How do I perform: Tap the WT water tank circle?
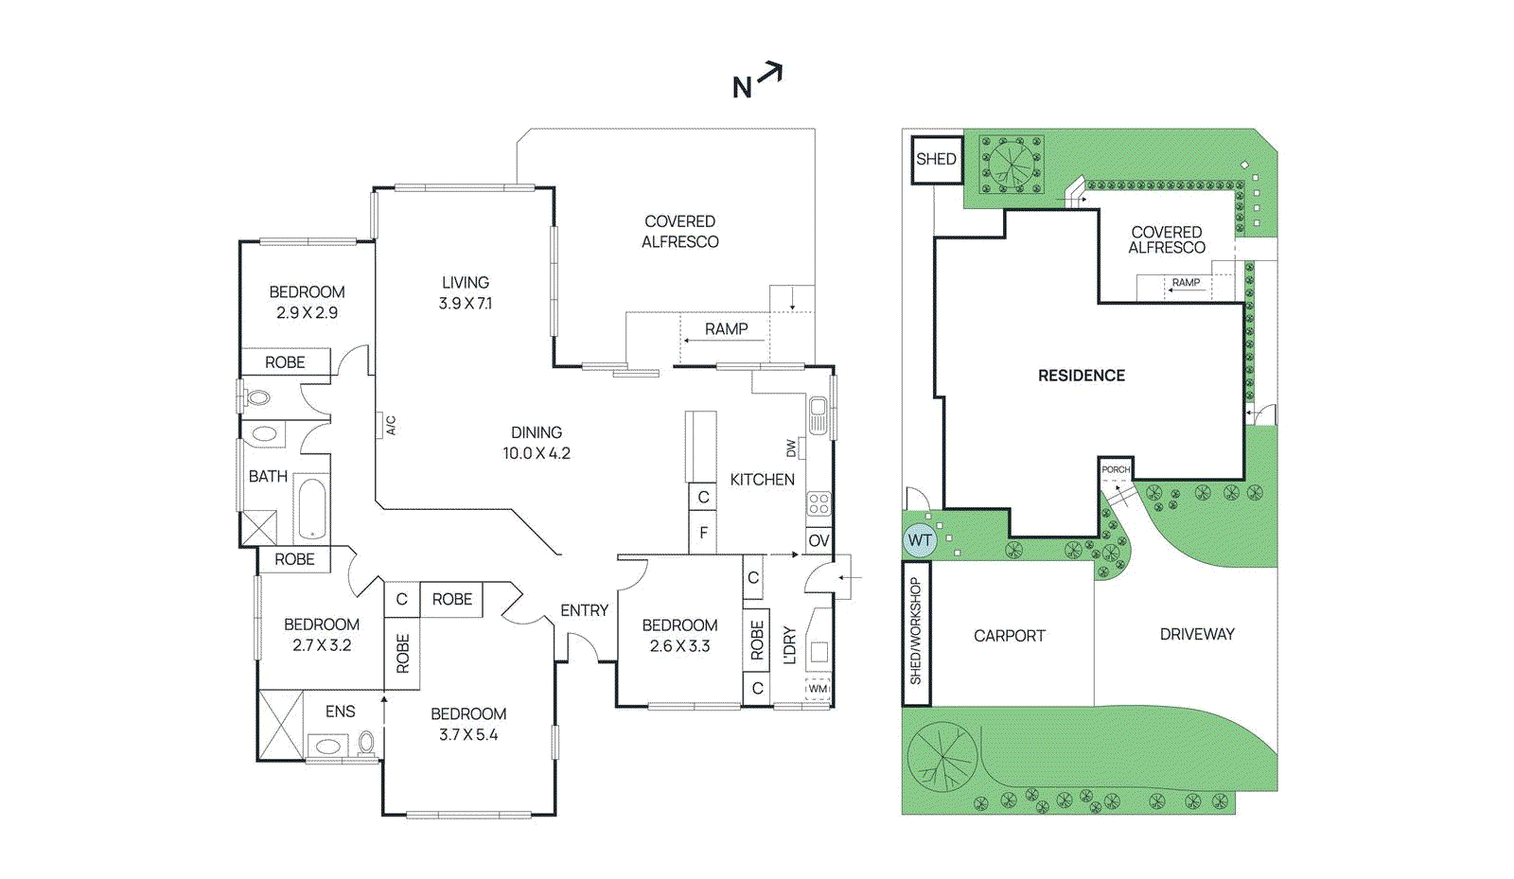pos(919,540)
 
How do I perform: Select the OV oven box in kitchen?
pos(819,540)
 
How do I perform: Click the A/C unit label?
pos(390,426)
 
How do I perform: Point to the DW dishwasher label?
pos(792,448)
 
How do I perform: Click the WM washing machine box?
pos(818,689)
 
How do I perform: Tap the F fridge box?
pos(703,533)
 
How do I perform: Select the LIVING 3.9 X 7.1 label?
pos(465,292)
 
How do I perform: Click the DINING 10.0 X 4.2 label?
pos(537,442)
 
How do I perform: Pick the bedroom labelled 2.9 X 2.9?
pos(307,302)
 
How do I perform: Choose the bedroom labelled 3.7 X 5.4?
pos(468,724)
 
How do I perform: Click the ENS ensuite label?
pos(341,712)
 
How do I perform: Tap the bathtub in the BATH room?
pos(311,509)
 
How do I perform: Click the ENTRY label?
pos(584,610)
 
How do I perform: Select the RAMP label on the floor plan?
pos(726,329)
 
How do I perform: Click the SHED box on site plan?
pos(936,159)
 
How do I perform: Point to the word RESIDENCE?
pos(1082,376)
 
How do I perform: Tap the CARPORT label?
pos(1010,636)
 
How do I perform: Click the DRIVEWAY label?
pos(1197,634)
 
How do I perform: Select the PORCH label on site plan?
pos(1116,469)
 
